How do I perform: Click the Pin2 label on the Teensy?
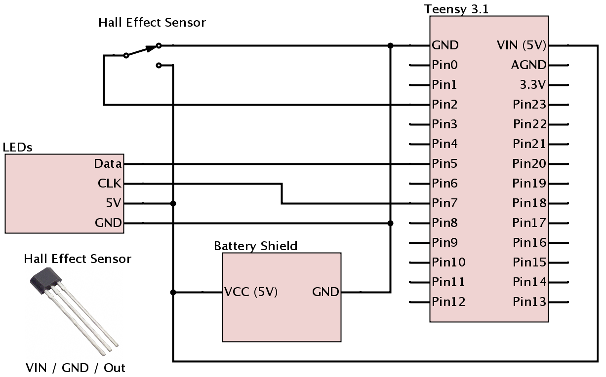[444, 105]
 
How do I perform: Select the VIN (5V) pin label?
[522, 45]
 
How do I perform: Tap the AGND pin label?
[529, 65]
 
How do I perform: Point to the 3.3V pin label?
[533, 85]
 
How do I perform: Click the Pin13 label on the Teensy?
[529, 302]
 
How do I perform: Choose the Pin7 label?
[444, 203]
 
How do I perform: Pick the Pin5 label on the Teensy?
[444, 164]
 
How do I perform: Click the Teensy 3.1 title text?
[456, 9]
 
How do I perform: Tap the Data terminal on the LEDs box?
[108, 164]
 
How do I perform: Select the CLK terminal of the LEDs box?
[110, 184]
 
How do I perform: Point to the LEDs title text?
[18, 148]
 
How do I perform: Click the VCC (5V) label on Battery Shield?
[251, 292]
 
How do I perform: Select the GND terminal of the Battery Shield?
[325, 292]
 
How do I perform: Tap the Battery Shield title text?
[255, 246]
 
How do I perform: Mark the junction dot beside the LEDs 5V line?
[173, 203]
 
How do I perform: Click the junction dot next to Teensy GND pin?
[391, 45]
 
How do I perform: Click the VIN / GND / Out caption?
[76, 368]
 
